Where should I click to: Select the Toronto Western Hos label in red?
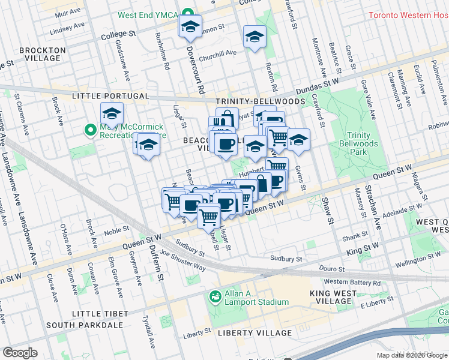pyautogui.click(x=408, y=15)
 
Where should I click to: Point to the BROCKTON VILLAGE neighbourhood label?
pyautogui.click(x=40, y=54)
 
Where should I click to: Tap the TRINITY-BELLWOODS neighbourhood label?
pyautogui.click(x=249, y=102)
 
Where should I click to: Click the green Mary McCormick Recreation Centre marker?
pyautogui.click(x=91, y=130)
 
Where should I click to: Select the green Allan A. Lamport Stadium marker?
pyautogui.click(x=214, y=296)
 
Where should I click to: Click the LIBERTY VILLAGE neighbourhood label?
pyautogui.click(x=255, y=332)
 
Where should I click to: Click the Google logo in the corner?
pyautogui.click(x=20, y=353)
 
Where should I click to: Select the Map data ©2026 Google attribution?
pyautogui.click(x=411, y=355)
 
